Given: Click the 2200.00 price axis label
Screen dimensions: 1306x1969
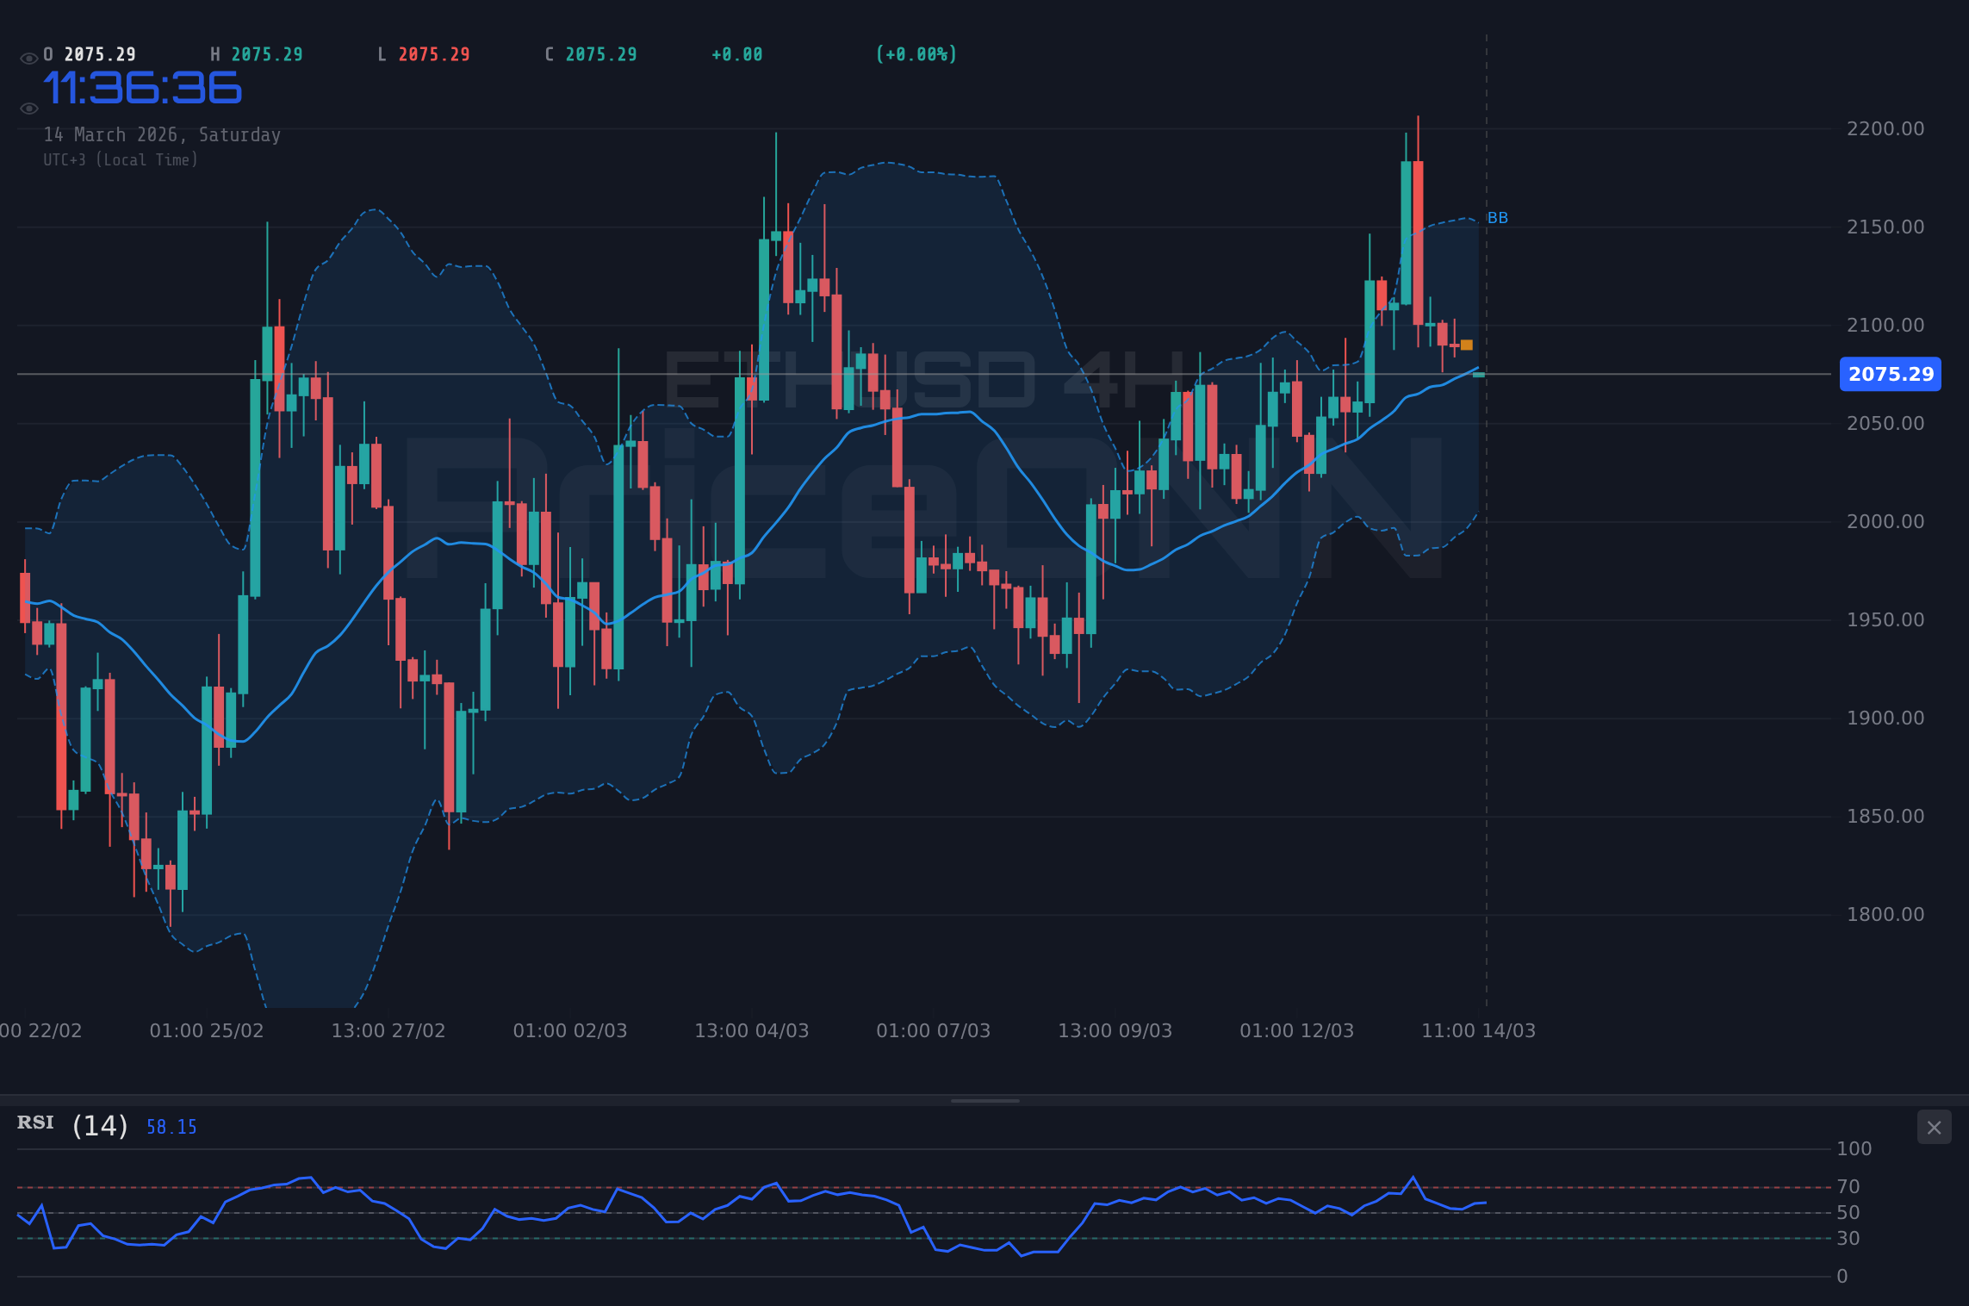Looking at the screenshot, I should coord(1885,129).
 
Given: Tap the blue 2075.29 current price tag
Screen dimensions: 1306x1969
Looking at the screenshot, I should coord(1890,374).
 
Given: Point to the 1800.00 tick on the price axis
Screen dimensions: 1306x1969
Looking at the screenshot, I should coord(1885,915).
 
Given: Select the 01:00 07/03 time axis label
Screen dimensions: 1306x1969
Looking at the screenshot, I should coord(933,1031).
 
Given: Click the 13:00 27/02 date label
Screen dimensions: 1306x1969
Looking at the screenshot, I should coord(388,1031).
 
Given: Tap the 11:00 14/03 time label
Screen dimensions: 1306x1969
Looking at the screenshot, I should coord(1478,1031).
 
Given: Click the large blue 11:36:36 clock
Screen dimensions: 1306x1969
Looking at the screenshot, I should coord(142,89).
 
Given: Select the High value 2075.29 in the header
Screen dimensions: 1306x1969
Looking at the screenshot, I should coord(267,55).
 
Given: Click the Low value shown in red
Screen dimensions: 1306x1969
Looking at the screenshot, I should coord(434,55).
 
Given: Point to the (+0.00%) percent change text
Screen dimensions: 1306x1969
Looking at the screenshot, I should coord(916,55).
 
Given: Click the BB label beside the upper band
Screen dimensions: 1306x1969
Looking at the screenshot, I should coord(1497,218).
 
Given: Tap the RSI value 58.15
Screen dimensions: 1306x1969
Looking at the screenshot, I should coord(171,1127).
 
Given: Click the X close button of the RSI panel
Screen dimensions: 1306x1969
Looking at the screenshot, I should coord(1934,1128).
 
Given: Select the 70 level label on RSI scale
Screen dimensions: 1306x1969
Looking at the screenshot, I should coord(1848,1187).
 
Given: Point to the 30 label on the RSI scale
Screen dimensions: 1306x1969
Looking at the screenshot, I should coord(1848,1239).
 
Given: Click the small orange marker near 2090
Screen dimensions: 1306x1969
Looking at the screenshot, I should coord(1467,345).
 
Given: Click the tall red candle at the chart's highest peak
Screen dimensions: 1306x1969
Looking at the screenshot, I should coord(1418,241).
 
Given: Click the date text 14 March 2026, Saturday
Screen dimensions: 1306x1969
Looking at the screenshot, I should coord(162,135).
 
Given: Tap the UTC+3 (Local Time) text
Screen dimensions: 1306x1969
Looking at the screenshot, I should coord(121,160).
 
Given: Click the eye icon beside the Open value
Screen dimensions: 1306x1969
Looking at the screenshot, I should coord(28,59).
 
